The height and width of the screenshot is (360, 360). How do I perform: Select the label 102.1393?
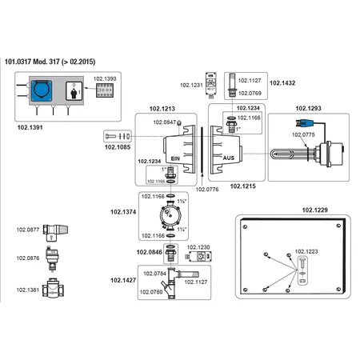click(106, 79)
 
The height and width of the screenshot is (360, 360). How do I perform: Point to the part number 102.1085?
click(118, 146)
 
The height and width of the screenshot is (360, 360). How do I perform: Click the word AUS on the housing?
click(229, 158)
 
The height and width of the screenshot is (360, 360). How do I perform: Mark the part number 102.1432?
click(282, 82)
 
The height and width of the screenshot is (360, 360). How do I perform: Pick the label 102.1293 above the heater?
click(310, 106)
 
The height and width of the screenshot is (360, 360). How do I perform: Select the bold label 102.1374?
click(124, 213)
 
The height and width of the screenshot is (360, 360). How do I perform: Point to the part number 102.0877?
click(28, 230)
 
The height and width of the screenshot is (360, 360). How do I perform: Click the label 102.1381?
click(28, 289)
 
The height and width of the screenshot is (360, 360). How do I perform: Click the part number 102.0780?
click(154, 292)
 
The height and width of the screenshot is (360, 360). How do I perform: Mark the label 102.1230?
click(198, 247)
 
